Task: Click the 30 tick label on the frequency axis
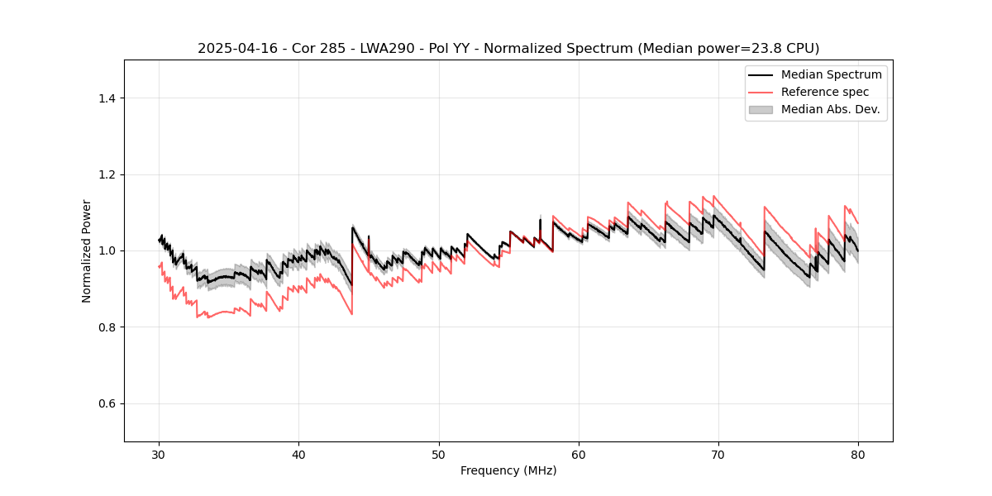159,455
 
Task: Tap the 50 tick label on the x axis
439,455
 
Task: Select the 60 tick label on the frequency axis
579,455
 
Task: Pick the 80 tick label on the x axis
858,455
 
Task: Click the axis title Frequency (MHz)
508,470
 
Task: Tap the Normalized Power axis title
87,250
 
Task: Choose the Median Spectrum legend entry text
831,74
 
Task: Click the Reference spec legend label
825,92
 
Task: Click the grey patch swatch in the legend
761,109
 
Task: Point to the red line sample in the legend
761,92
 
